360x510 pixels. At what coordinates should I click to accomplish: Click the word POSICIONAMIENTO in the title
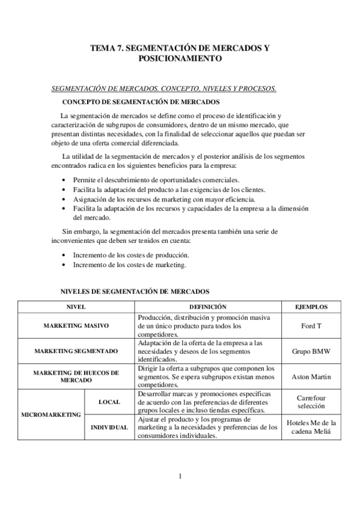point(180,59)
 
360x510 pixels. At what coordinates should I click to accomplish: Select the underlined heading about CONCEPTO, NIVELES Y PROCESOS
point(163,88)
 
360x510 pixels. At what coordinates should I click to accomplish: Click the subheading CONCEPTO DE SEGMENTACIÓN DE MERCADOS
point(141,102)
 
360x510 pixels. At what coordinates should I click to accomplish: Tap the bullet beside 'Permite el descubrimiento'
point(65,180)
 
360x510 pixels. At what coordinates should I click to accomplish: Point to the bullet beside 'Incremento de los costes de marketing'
point(65,264)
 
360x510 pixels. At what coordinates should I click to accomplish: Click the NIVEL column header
point(76,306)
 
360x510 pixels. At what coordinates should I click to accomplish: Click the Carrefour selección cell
point(311,402)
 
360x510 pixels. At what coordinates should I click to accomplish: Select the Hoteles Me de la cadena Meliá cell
point(311,426)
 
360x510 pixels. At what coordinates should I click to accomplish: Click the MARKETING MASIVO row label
point(76,325)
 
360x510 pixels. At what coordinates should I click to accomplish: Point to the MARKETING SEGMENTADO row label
point(76,351)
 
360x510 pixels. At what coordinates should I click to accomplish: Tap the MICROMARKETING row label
point(50,414)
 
